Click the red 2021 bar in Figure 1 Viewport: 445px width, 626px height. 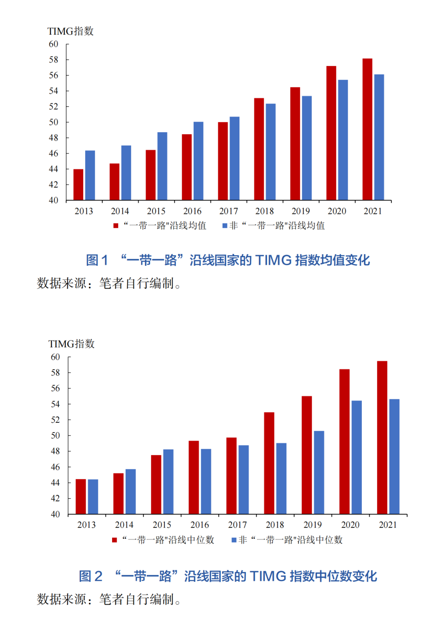[367, 129]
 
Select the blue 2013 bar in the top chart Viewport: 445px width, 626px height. [90, 176]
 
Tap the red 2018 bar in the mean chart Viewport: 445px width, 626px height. [259, 149]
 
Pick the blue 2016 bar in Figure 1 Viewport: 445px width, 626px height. [198, 161]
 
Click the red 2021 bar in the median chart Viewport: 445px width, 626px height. [382, 438]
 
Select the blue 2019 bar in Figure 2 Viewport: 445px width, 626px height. [319, 473]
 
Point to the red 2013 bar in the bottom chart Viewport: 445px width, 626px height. [81, 497]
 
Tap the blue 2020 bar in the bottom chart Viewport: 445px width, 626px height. [356, 457]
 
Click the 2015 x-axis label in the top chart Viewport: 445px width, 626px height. [156, 211]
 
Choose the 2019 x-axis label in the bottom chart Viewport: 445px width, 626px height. [312, 525]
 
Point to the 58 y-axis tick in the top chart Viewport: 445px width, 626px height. [54, 60]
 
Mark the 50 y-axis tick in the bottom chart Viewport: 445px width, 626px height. [55, 436]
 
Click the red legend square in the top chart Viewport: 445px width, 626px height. [116, 226]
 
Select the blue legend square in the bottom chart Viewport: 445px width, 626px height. [234, 540]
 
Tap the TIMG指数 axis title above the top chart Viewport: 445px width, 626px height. [70, 31]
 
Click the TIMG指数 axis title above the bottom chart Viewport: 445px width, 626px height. [71, 344]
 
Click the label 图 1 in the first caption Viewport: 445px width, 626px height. [97, 260]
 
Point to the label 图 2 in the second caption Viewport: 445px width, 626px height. [91, 576]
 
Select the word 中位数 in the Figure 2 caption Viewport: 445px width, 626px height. [315, 576]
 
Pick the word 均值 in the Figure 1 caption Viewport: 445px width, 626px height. [333, 260]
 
